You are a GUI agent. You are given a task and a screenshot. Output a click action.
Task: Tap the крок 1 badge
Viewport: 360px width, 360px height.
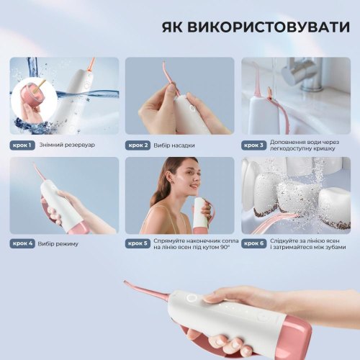pos(22,145)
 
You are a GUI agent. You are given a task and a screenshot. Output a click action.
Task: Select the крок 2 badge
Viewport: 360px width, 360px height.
pos(138,145)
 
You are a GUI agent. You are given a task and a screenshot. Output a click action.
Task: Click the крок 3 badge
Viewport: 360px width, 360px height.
pos(253,145)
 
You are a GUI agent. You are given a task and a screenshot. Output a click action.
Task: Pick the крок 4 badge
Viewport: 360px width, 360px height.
pos(22,244)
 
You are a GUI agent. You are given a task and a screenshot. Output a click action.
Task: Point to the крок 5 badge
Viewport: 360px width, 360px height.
pos(138,244)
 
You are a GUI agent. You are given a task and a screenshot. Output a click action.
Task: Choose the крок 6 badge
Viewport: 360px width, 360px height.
pos(253,244)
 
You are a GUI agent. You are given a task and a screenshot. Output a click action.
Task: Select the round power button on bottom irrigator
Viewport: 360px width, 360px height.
pos(192,297)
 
